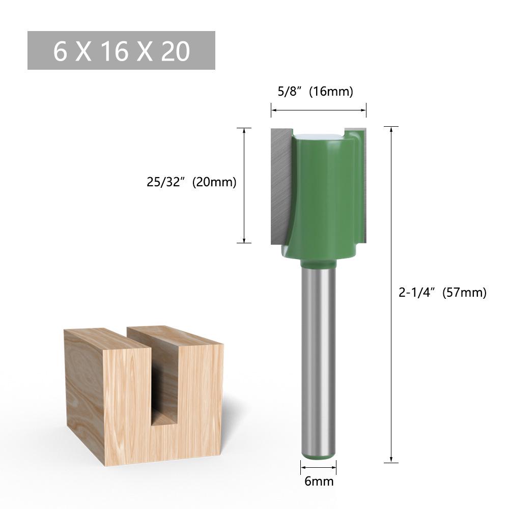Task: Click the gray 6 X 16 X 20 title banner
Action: point(121,50)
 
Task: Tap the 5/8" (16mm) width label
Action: point(318,92)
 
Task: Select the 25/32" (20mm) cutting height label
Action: point(191,182)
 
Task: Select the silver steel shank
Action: point(318,356)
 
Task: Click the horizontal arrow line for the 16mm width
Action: point(318,109)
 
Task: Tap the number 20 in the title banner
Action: point(176,51)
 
